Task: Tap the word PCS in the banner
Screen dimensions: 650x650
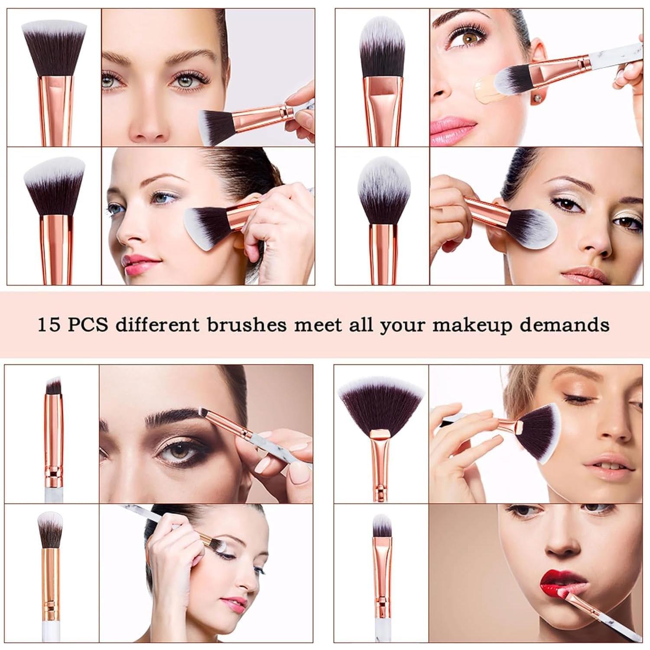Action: (87, 325)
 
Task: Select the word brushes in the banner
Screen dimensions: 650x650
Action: (246, 325)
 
